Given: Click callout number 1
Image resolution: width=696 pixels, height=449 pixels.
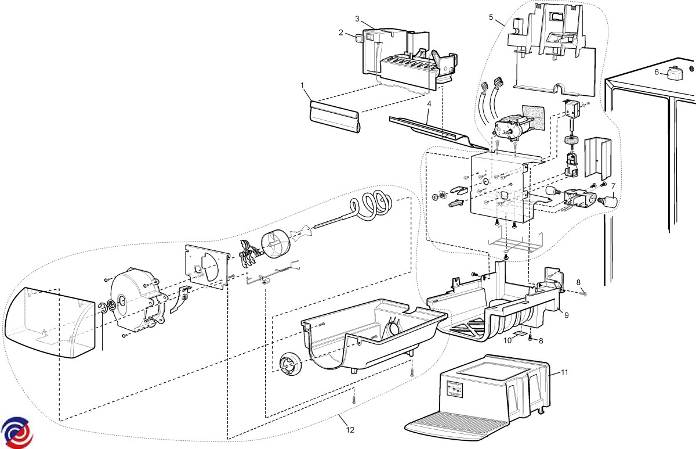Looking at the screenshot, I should coord(303,85).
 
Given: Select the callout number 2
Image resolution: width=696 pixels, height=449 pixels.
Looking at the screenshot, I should coord(342,33).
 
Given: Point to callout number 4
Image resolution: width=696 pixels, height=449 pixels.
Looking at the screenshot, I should coord(429,104).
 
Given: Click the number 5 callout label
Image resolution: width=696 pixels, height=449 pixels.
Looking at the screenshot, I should coord(491,17).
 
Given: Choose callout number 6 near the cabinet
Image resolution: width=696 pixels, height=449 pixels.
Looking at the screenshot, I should coord(657,72).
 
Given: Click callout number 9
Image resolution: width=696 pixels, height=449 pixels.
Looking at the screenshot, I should coord(567,315).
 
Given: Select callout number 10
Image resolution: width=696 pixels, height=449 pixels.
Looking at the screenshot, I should coord(507,340).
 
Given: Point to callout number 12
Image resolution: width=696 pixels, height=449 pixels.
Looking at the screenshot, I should coord(350,430).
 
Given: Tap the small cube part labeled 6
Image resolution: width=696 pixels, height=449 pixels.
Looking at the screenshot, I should coord(674,74).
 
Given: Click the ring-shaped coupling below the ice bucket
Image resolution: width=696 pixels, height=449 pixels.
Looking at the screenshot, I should coord(288,364).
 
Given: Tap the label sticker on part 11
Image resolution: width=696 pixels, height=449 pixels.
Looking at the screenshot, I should coord(455,390).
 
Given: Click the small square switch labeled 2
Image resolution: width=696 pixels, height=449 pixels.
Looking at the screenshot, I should coord(360,38).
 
